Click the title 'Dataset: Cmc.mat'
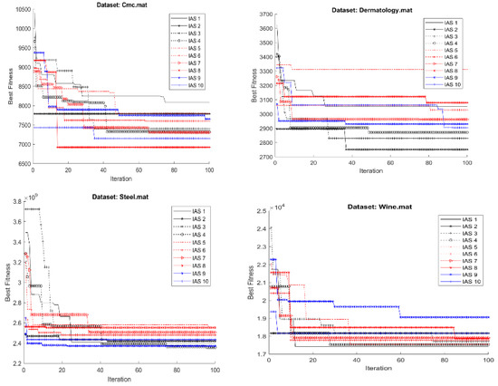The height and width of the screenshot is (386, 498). point(121,5)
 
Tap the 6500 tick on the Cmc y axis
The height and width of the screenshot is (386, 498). point(21,164)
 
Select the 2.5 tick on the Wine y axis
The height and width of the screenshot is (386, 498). point(260,211)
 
